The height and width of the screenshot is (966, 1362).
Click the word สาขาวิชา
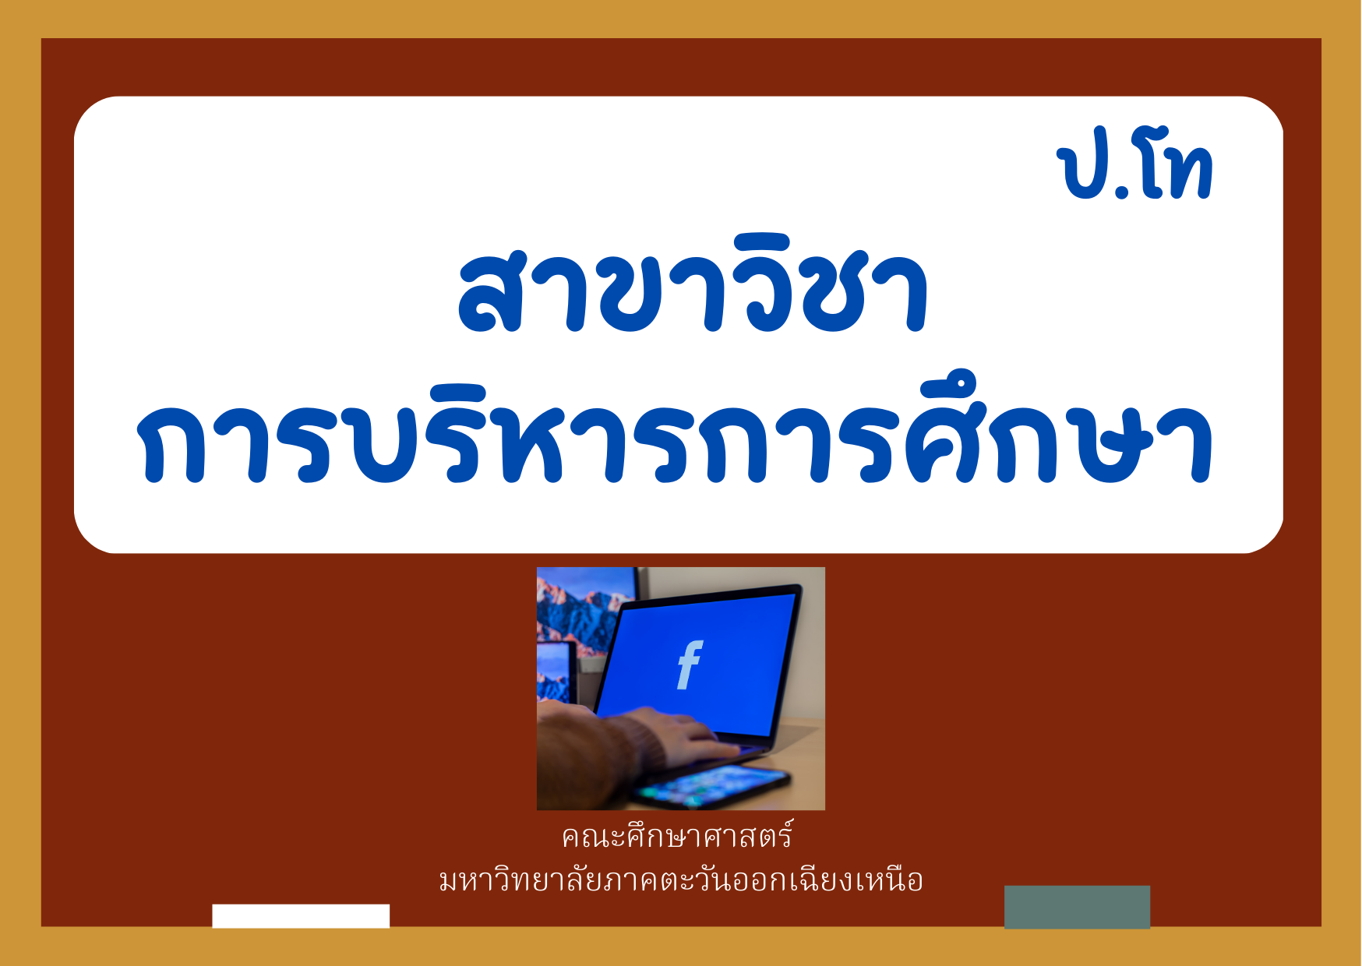[693, 286]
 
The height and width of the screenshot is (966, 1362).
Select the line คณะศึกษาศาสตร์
[677, 836]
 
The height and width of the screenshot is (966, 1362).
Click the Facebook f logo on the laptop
[690, 665]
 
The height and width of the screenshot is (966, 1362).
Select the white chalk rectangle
[301, 916]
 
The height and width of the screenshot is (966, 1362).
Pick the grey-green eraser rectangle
[1077, 907]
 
